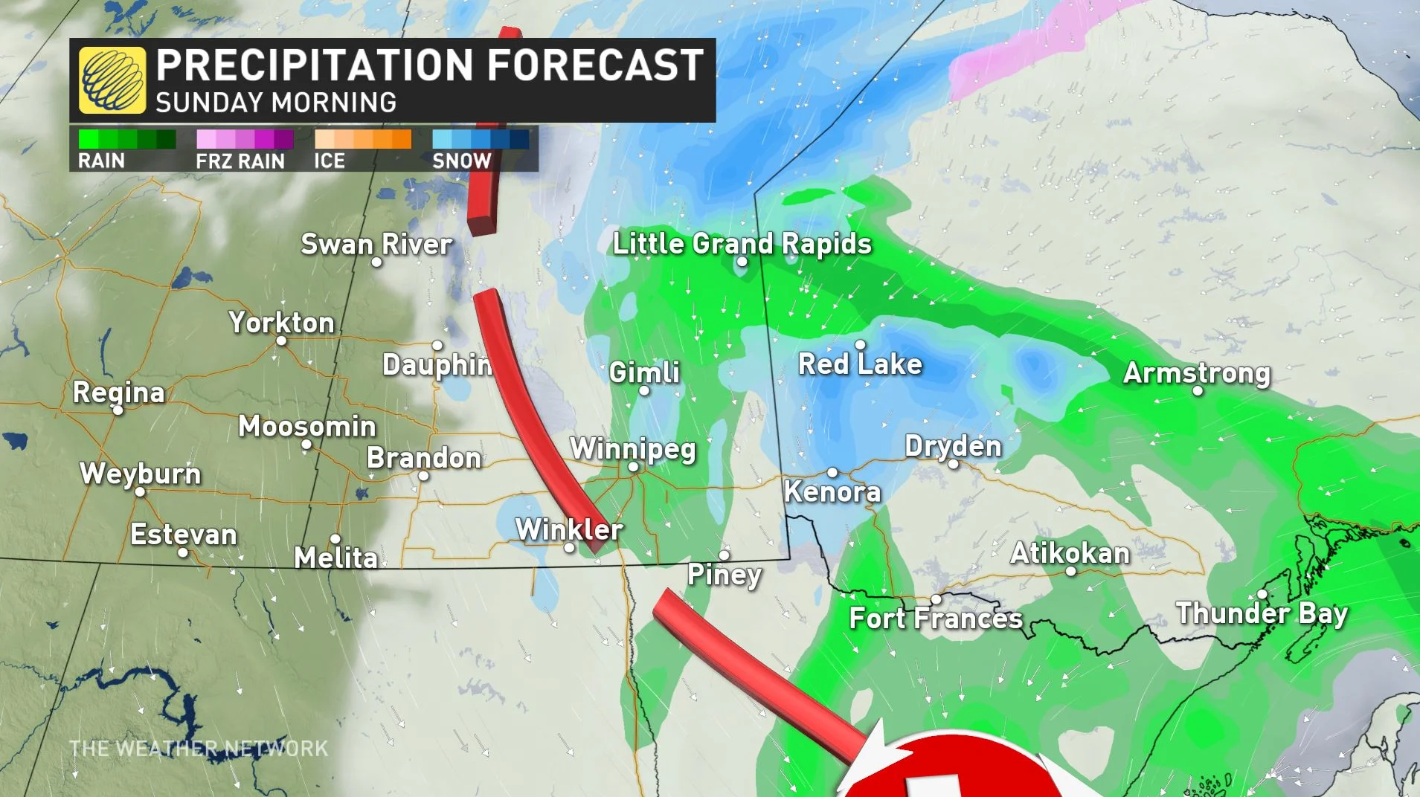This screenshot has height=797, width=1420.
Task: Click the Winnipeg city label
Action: tap(632, 449)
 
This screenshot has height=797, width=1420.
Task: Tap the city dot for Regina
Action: tap(118, 410)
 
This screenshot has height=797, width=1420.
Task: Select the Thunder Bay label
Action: tap(1262, 613)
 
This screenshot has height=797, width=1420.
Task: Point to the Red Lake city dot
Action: tap(860, 345)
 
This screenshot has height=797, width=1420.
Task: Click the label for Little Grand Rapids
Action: tap(742, 244)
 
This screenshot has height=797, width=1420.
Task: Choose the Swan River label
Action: tap(376, 244)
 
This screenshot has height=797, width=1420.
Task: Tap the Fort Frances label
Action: tap(936, 619)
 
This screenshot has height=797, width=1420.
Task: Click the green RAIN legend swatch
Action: tap(127, 139)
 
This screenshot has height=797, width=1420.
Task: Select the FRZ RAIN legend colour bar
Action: tap(245, 139)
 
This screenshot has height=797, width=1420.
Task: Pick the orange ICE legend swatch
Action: tap(362, 139)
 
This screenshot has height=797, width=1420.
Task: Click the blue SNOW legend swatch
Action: tap(481, 139)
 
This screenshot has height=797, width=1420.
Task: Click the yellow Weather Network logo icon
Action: tap(112, 80)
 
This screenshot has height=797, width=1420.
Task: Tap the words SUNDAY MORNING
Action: tap(276, 103)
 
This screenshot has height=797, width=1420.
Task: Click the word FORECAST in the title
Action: tap(595, 65)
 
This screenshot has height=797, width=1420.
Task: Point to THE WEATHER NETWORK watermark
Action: tap(199, 748)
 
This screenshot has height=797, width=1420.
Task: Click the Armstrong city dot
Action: tap(1198, 390)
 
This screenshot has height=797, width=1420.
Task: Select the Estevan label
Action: tap(183, 535)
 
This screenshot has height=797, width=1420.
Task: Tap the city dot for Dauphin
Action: tap(437, 345)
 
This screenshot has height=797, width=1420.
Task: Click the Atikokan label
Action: tap(1070, 553)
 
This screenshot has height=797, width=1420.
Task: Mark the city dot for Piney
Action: tap(724, 555)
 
